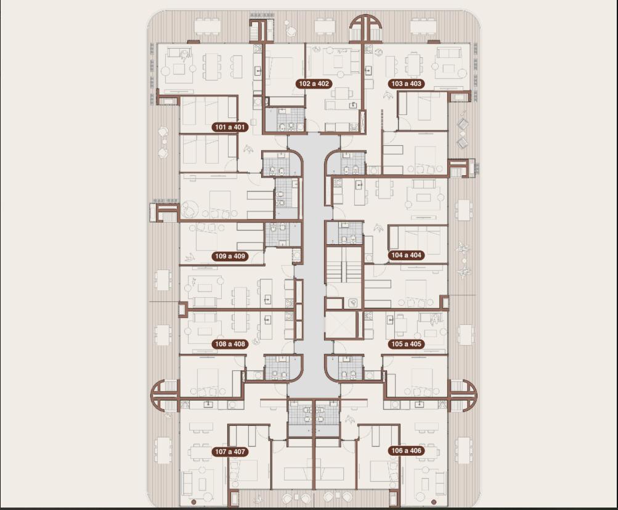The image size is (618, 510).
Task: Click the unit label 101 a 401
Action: click(x=230, y=127)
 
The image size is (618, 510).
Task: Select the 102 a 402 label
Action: click(x=314, y=84)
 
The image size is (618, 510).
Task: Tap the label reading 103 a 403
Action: click(x=406, y=84)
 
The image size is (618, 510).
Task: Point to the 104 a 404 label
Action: click(x=406, y=255)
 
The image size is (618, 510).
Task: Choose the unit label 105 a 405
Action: click(x=406, y=344)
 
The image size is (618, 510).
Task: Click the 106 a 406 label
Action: click(x=406, y=451)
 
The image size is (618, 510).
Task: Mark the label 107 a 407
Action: click(x=230, y=452)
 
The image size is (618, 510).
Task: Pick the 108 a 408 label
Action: click(x=230, y=344)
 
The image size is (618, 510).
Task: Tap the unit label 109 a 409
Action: click(x=230, y=256)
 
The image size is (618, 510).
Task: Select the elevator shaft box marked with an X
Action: click(x=341, y=325)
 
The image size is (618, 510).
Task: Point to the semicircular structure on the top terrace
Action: click(x=366, y=28)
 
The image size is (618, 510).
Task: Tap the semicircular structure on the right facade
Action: click(x=463, y=396)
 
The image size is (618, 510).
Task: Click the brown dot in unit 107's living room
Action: click(x=193, y=502)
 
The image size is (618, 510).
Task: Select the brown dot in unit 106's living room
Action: click(x=434, y=502)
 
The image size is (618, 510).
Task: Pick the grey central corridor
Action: click(x=314, y=264)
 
